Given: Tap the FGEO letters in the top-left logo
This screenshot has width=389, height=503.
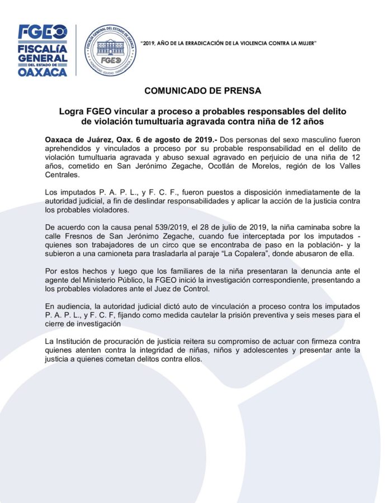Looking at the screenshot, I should (x=42, y=32).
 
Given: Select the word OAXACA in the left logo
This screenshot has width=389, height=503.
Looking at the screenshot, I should (x=42, y=72).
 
